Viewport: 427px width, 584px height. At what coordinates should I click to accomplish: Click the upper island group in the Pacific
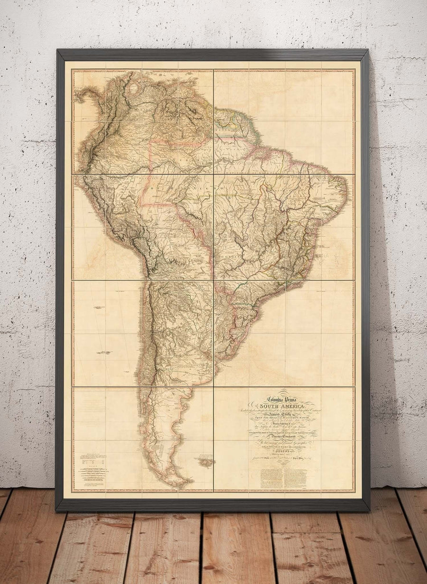[99, 308]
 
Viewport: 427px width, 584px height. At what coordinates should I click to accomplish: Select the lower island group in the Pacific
[104, 353]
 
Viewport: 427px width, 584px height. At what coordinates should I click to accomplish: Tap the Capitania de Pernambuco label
[327, 201]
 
